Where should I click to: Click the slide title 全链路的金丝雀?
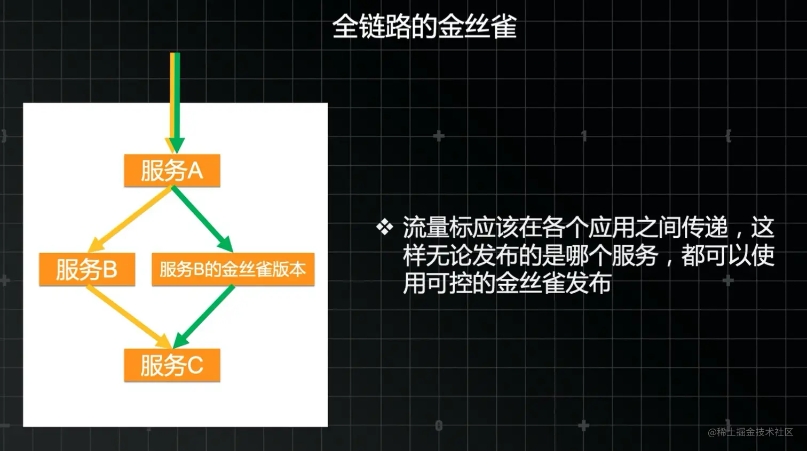424,26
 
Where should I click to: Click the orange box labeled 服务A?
172,171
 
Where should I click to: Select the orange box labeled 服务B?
86,269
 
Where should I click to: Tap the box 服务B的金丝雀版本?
233,269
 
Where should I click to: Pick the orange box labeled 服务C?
172,365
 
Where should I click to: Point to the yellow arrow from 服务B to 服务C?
128,316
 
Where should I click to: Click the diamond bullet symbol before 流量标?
384,228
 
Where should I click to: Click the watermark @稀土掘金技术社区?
750,432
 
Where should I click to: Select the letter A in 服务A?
195,171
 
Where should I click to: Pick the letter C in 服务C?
195,366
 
